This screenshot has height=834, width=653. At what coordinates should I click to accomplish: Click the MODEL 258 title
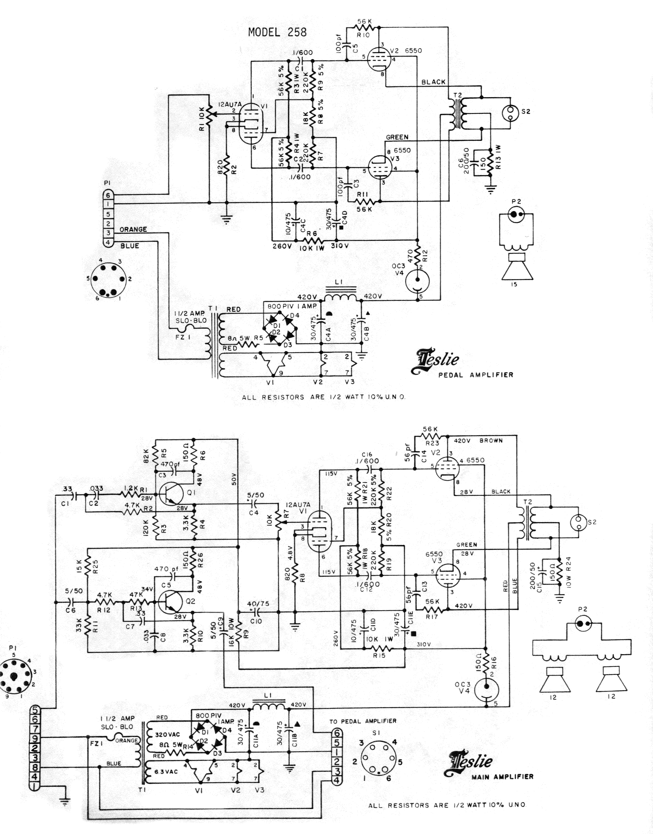(x=277, y=32)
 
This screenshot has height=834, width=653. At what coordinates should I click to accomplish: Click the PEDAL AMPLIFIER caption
(x=476, y=375)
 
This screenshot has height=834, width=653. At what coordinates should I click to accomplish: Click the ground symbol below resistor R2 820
(x=227, y=219)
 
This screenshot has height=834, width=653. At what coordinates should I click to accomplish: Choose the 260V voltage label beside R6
(x=282, y=246)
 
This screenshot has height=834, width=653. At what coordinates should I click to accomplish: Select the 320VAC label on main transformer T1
(x=167, y=734)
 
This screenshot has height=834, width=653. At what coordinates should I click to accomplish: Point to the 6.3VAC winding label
(x=166, y=772)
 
